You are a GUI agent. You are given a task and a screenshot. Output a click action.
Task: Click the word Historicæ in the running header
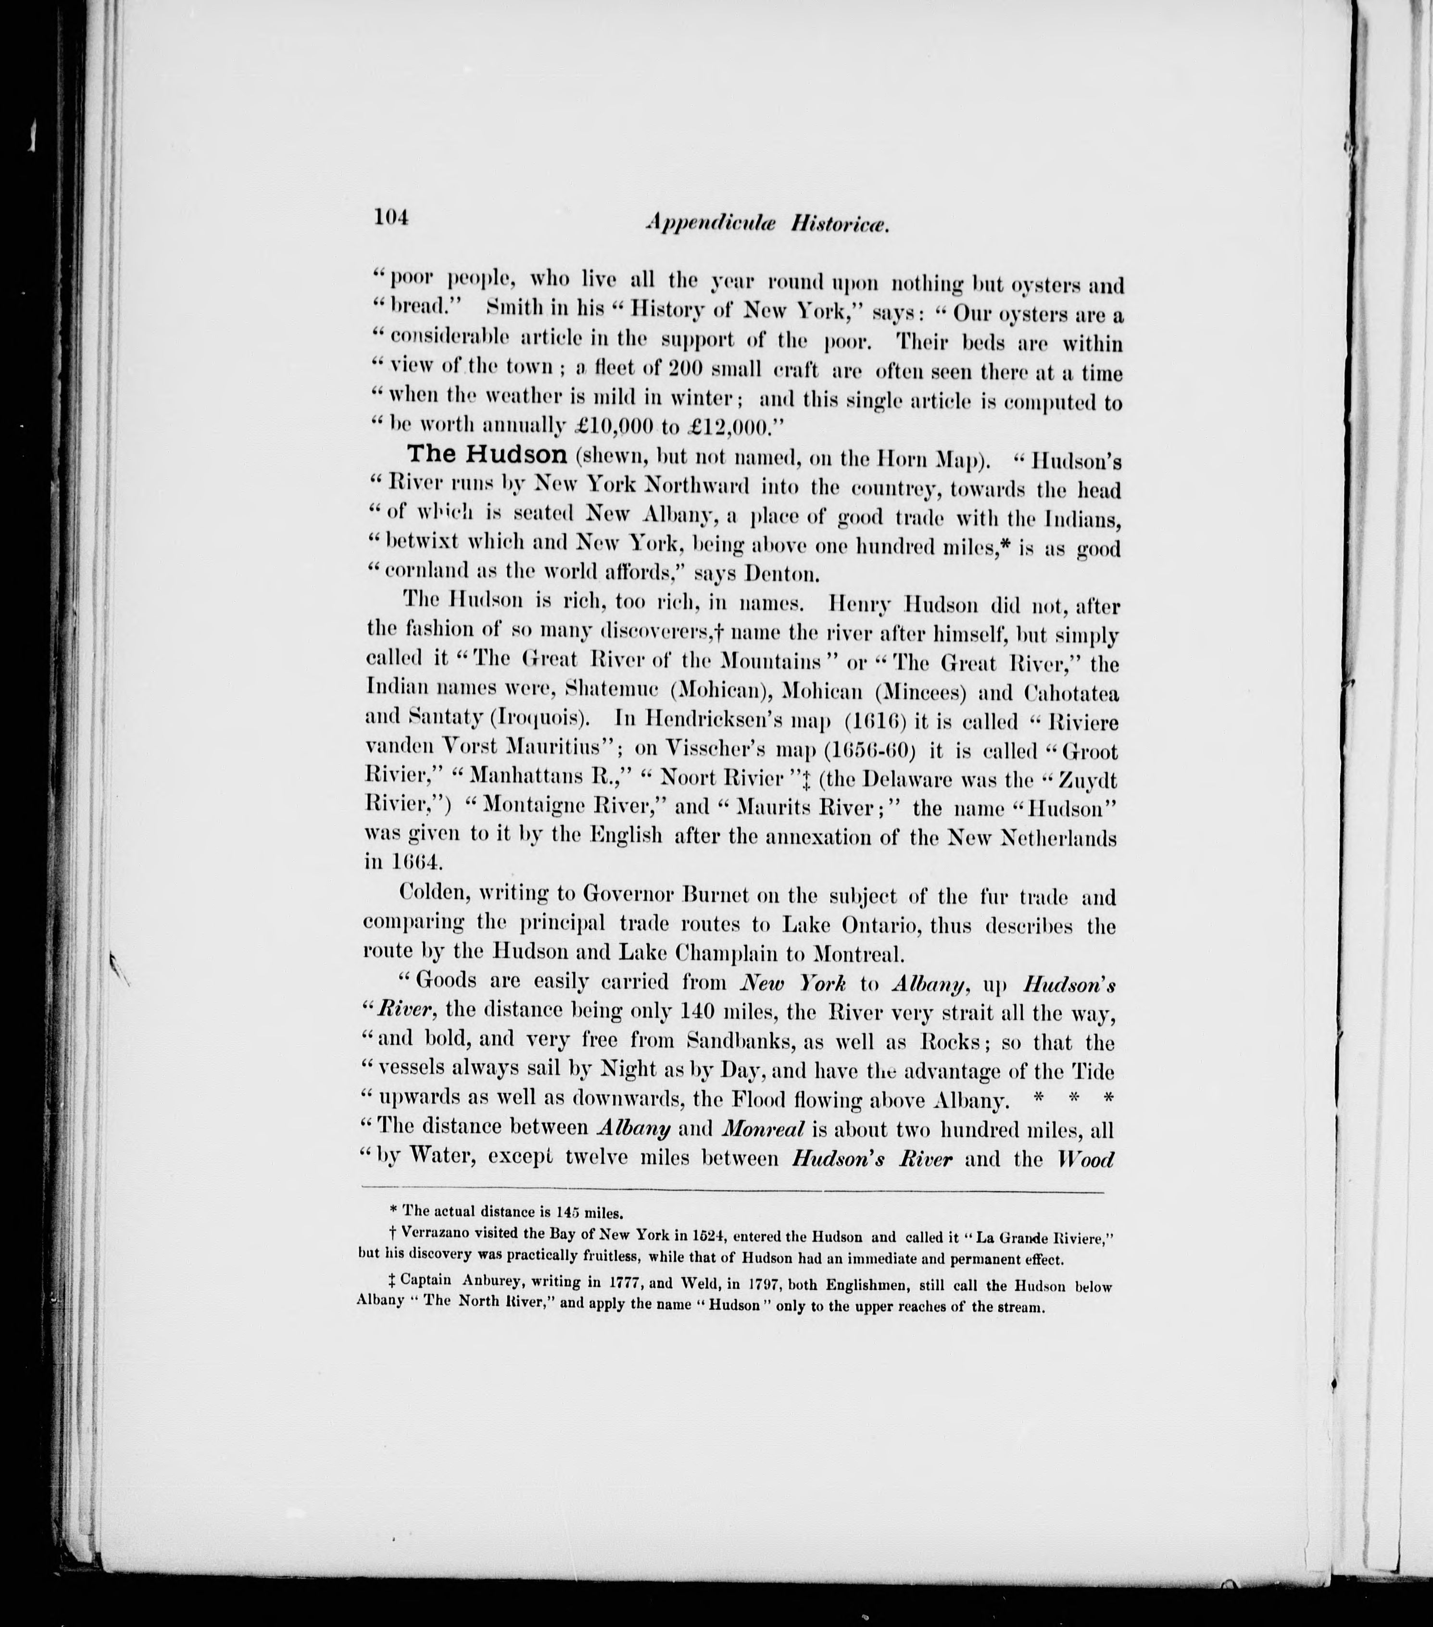(x=840, y=226)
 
